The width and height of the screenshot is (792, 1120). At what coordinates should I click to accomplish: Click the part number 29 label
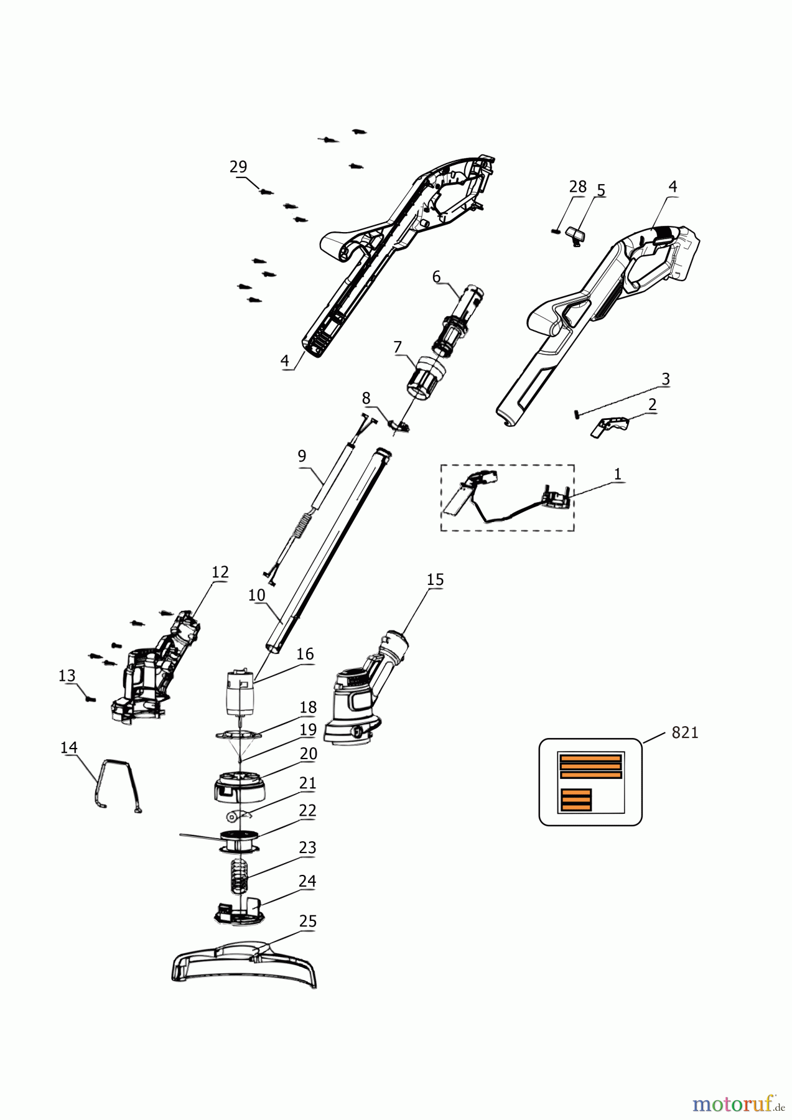pyautogui.click(x=238, y=167)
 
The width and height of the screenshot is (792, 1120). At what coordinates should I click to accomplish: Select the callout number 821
pyautogui.click(x=684, y=734)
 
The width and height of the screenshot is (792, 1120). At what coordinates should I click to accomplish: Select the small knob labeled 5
pyautogui.click(x=577, y=236)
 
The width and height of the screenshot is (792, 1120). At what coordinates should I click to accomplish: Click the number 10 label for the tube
pyautogui.click(x=257, y=595)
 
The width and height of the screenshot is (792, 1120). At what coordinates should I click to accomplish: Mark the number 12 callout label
pyautogui.click(x=220, y=572)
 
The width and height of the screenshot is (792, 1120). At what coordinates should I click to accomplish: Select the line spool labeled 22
pyautogui.click(x=238, y=841)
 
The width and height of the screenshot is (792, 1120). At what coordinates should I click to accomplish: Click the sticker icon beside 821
pyautogui.click(x=590, y=782)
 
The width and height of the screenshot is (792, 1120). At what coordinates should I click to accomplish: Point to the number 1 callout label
pyautogui.click(x=617, y=474)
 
